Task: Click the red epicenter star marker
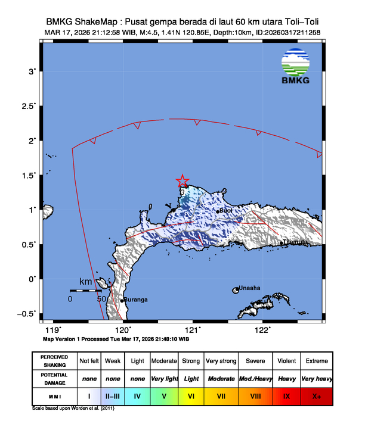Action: click(x=182, y=181)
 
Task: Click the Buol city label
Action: click(x=226, y=211)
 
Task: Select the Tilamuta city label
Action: click(x=296, y=242)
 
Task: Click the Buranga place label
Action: click(x=137, y=300)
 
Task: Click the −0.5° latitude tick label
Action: click(x=26, y=313)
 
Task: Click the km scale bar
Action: click(x=86, y=291)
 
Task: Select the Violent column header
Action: click(x=287, y=361)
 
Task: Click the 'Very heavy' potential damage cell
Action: click(x=316, y=378)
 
